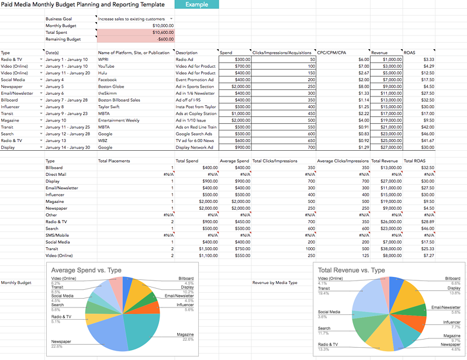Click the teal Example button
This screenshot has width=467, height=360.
coord(196,5)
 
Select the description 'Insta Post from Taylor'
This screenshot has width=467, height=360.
coord(195,107)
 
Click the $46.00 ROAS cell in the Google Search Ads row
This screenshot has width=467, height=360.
coord(428,134)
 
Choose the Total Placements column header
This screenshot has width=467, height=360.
coord(114,160)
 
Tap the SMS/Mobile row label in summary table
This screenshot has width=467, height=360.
coord(58,235)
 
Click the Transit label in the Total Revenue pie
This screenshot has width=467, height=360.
coord(324,288)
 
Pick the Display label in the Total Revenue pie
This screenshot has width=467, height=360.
coord(454,288)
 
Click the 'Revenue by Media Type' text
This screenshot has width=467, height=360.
coord(275,283)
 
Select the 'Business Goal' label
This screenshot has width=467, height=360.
coord(58,19)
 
